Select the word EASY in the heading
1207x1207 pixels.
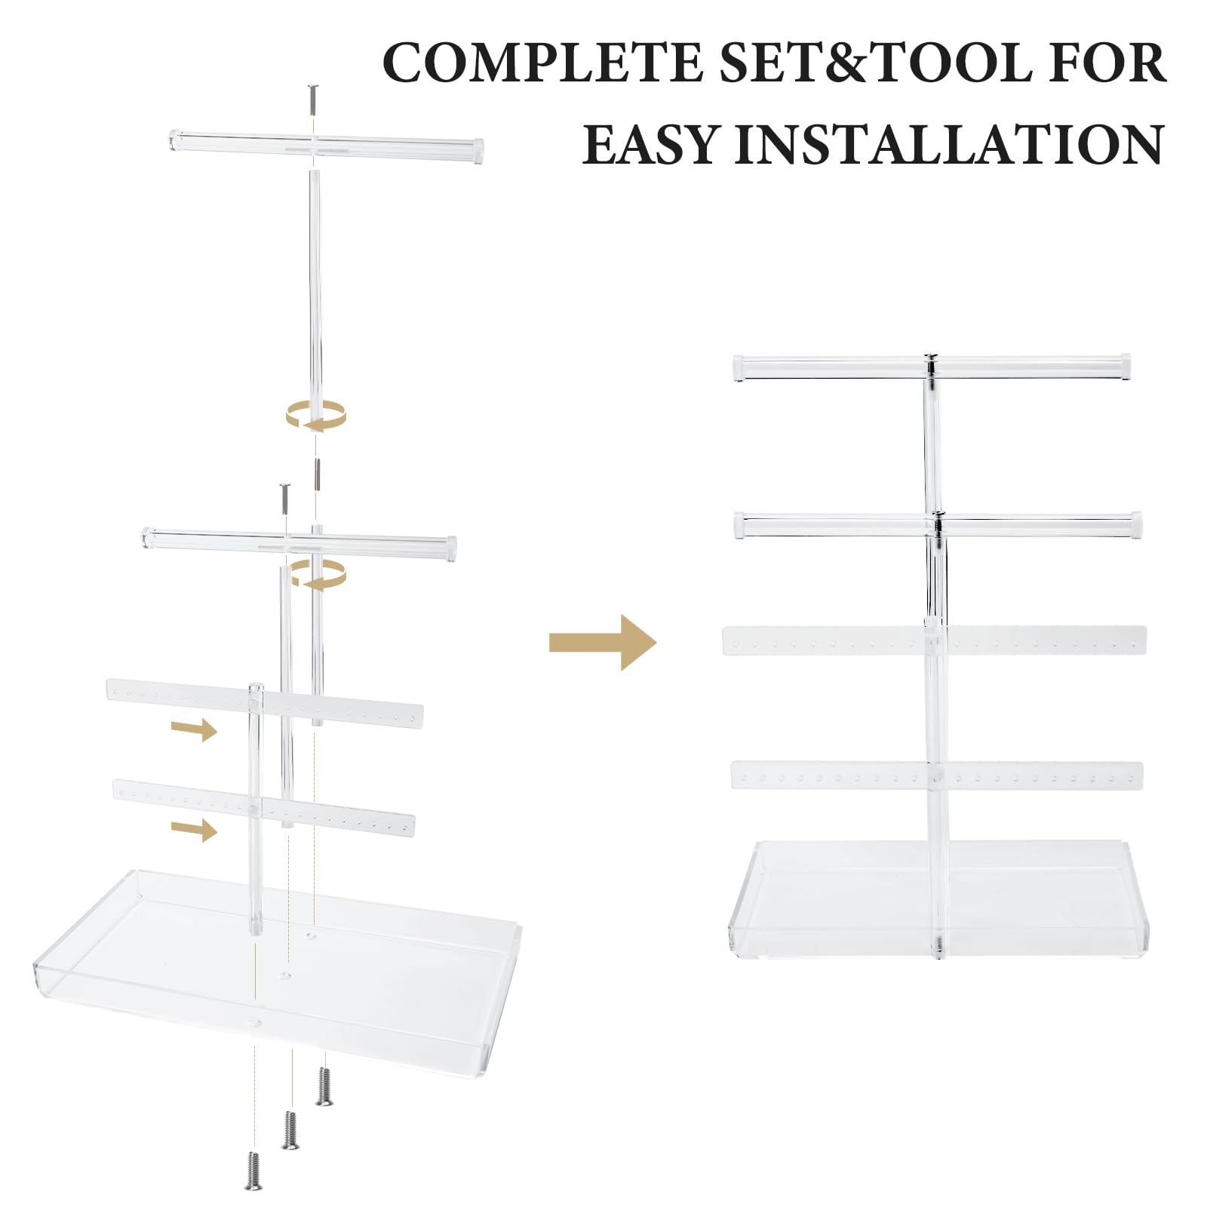(x=653, y=144)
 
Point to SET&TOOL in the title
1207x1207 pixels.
(x=875, y=63)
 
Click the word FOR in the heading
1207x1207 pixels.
(x=1107, y=63)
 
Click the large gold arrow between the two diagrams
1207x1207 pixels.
(x=603, y=642)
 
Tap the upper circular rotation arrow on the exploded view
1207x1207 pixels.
(x=316, y=416)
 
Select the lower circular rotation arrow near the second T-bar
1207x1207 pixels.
(x=319, y=574)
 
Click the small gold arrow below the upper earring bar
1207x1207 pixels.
(x=194, y=729)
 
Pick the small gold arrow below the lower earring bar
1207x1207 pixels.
(x=194, y=830)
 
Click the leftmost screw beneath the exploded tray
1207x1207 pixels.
(x=253, y=1170)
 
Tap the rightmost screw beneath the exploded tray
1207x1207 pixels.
(x=324, y=1086)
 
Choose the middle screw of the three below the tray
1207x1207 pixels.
(x=290, y=1129)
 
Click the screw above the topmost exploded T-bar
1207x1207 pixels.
(x=313, y=99)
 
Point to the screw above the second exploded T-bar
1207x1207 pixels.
(x=285, y=499)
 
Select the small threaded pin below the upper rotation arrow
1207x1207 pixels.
(x=317, y=474)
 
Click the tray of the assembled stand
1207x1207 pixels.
(x=938, y=898)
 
